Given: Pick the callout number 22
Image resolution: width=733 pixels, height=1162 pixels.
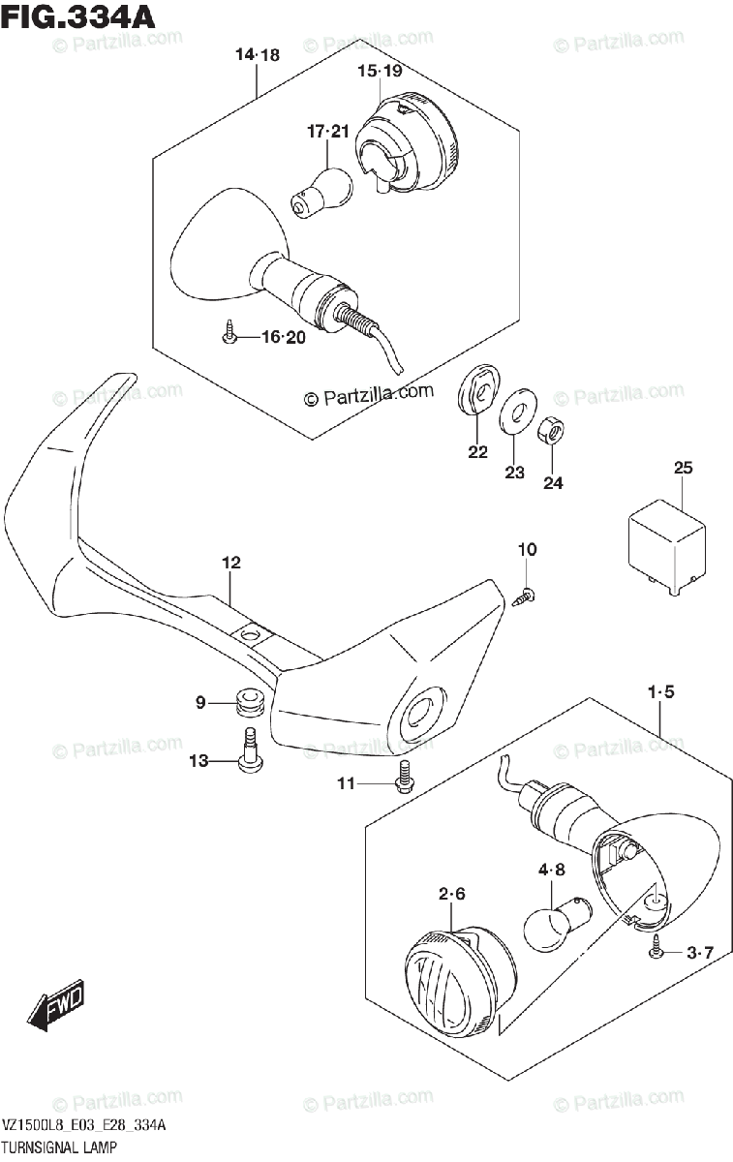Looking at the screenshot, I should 477,452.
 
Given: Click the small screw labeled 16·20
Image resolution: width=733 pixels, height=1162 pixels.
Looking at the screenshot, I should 229,334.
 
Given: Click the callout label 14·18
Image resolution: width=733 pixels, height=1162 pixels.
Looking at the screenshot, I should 257,55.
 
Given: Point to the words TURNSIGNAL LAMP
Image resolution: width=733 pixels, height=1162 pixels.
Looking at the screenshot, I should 61,1147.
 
